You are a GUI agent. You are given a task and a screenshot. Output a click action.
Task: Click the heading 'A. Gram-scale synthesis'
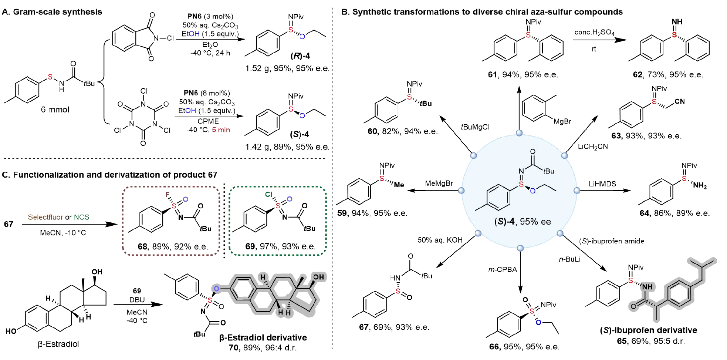52,12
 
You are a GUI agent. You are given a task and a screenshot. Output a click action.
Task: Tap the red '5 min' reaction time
221,130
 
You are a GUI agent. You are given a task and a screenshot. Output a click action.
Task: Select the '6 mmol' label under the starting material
55,110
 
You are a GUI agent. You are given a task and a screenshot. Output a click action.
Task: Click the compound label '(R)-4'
300,56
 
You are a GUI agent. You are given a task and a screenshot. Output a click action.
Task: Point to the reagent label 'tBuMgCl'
475,127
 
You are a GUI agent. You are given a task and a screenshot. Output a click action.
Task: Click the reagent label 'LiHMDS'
602,184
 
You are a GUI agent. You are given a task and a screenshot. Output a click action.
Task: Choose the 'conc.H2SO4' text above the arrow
594,33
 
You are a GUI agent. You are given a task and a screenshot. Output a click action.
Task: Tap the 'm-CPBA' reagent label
503,270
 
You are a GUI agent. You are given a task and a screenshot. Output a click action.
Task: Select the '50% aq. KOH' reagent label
440,240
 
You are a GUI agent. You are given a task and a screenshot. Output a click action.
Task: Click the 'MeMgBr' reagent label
439,184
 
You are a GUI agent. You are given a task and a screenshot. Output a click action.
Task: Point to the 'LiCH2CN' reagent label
593,147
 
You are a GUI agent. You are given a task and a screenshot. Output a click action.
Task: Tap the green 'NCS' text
82,217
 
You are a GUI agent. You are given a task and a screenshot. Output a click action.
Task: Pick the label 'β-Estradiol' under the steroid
58,344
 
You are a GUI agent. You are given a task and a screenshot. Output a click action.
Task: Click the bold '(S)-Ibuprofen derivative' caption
648,330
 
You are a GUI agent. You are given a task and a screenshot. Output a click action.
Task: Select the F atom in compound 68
168,195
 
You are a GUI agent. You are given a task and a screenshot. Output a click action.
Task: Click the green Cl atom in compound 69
269,194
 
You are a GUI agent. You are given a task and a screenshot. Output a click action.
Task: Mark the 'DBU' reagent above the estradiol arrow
137,300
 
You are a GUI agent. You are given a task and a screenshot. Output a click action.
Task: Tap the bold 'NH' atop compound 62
677,22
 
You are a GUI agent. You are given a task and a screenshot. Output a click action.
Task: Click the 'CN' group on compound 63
680,101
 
